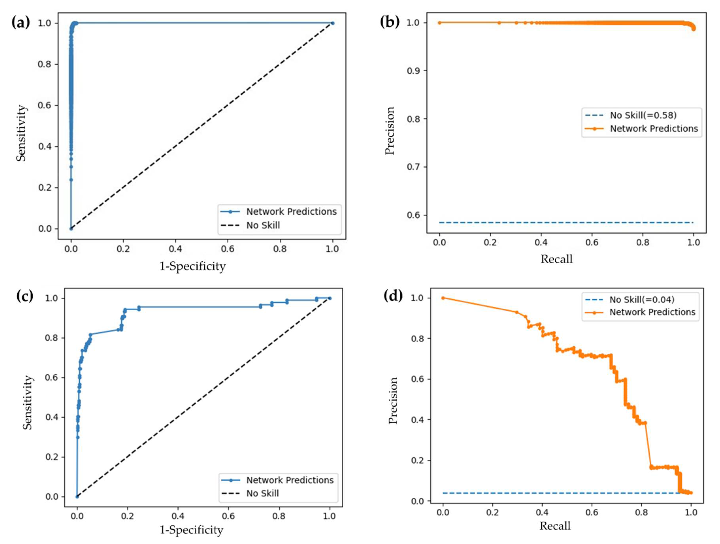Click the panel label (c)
[25, 296]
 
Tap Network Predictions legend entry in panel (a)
[291, 211]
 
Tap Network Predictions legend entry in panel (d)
[652, 312]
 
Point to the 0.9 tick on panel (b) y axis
[412, 71]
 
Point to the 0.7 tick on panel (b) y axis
[412, 167]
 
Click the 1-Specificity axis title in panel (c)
[191, 530]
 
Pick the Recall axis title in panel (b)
[556, 259]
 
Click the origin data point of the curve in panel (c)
[77, 496]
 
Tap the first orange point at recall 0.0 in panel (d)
[443, 298]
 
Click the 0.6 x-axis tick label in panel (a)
[228, 249]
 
